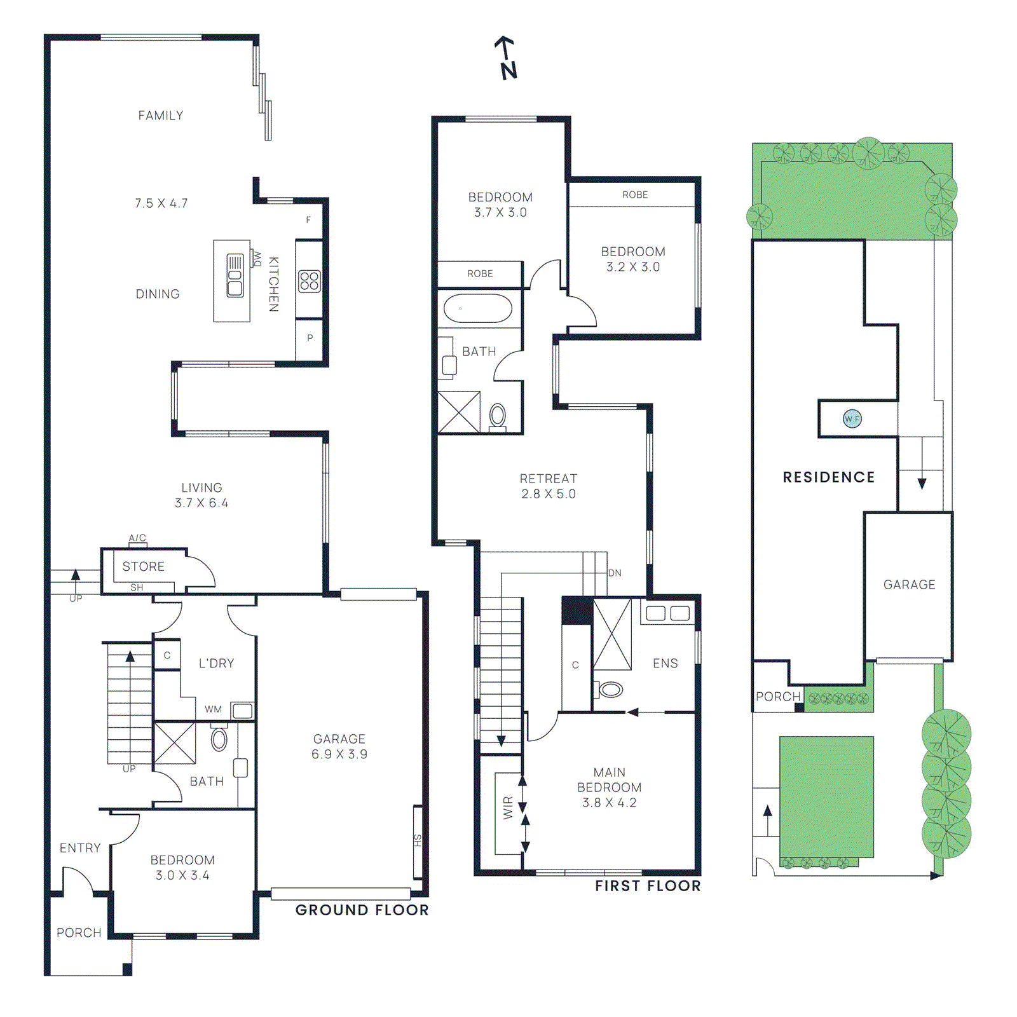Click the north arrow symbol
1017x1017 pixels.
507,58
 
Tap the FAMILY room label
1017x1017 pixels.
161,116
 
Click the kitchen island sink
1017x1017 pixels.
235,275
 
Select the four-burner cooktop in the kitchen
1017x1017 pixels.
310,281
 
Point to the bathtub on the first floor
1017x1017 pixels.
477,309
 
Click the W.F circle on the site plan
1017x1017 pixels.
852,419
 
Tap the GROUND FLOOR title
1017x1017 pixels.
362,910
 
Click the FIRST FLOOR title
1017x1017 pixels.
648,886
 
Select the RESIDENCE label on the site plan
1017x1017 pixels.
829,477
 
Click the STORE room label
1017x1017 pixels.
144,566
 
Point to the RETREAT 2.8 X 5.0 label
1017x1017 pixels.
549,486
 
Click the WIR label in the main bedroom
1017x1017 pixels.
508,808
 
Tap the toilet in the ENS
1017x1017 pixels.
611,689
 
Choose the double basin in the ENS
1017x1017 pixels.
667,613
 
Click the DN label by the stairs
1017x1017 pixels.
615,573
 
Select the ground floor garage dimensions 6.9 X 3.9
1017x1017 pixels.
339,754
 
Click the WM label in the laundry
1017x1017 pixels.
214,709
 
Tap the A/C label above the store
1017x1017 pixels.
137,538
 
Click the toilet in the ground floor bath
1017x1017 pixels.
219,740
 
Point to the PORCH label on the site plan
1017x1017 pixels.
777,697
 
